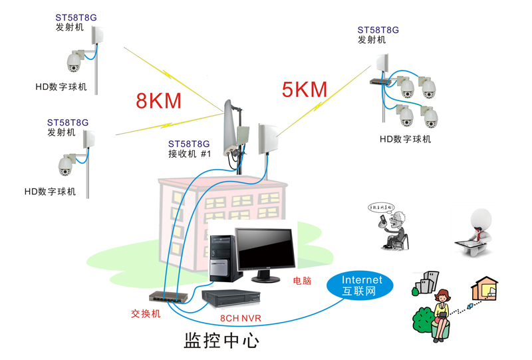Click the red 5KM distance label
coord(305,89)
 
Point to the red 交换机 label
coord(146,313)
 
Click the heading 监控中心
coord(221,341)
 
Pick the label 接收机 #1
coord(189,154)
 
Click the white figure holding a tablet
coord(477,230)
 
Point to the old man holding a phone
coord(396,231)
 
